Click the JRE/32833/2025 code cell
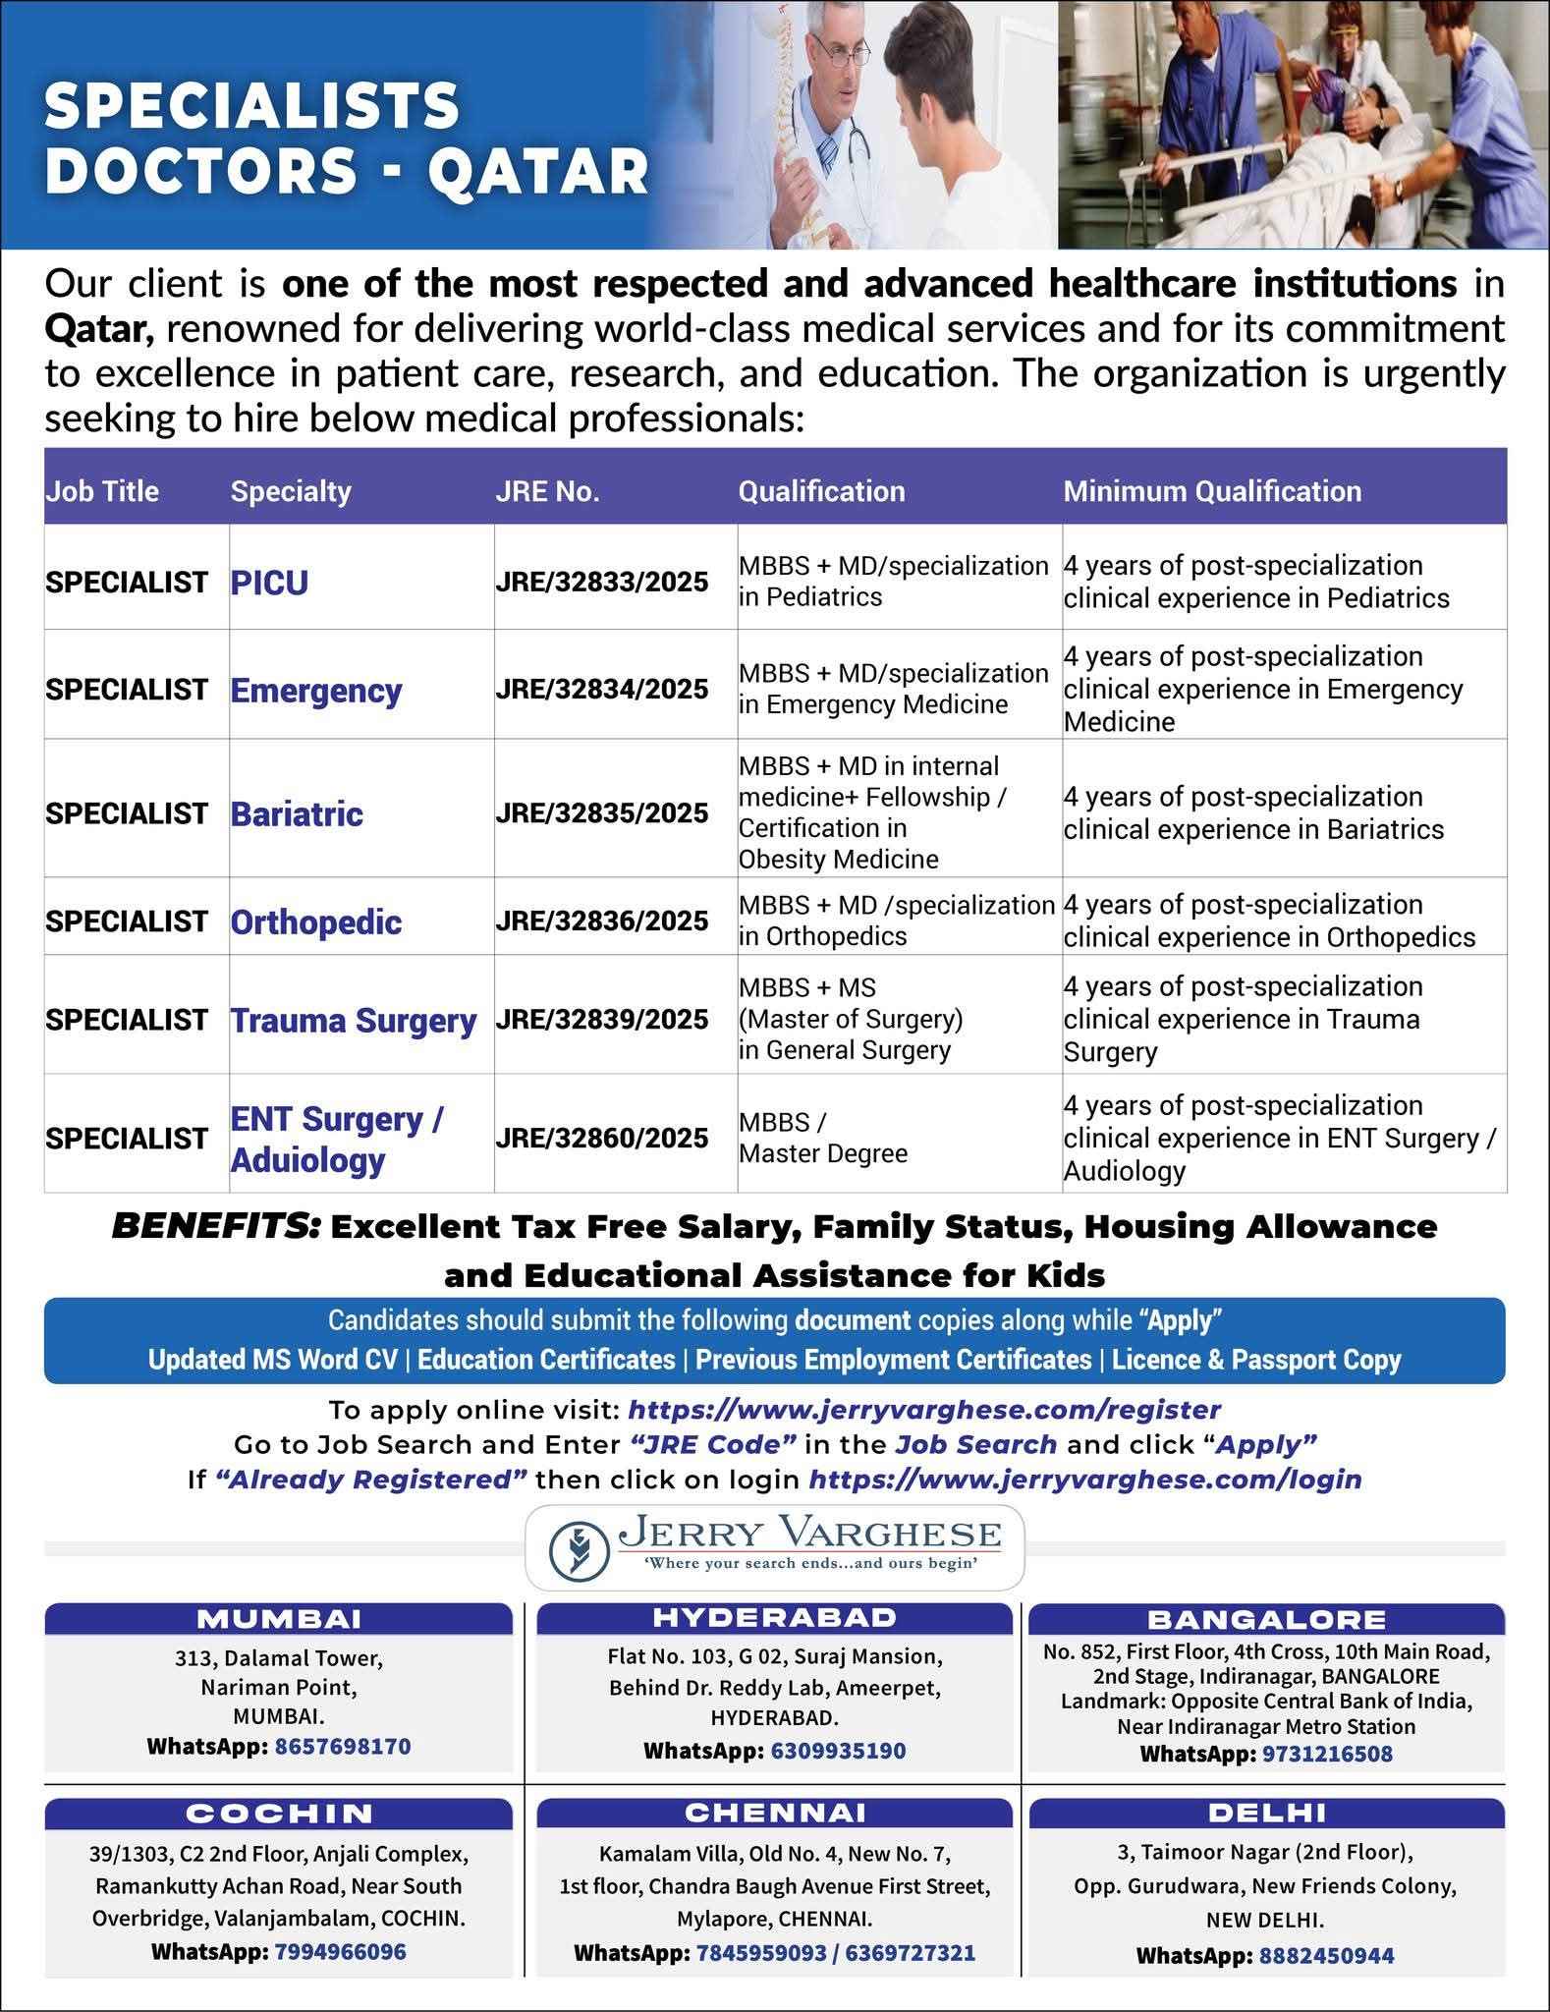(602, 583)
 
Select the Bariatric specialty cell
(297, 814)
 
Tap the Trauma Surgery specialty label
(354, 1021)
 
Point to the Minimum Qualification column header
(1212, 491)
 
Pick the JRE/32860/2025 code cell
(602, 1139)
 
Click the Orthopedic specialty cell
(316, 922)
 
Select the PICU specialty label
(269, 583)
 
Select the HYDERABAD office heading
(774, 1617)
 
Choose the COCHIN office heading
(279, 1814)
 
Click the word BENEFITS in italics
(216, 1227)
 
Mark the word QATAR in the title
(539, 170)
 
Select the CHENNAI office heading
(774, 1812)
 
